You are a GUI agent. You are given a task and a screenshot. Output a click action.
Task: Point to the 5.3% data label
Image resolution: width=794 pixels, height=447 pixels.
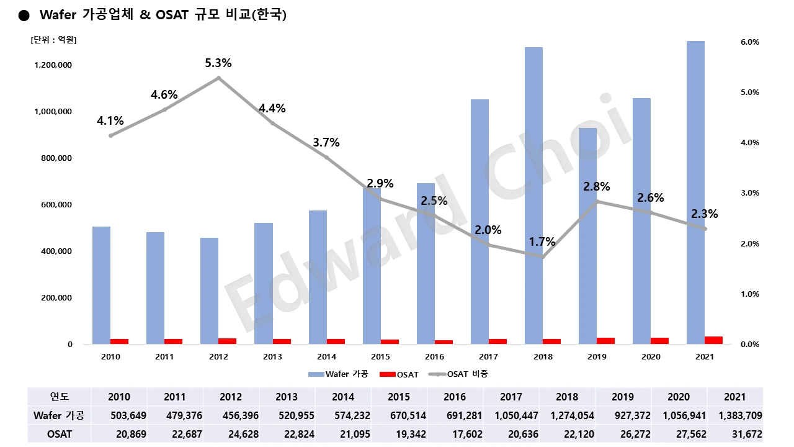pyautogui.click(x=218, y=63)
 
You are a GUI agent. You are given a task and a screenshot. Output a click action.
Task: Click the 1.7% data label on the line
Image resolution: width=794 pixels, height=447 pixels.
pyautogui.click(x=542, y=242)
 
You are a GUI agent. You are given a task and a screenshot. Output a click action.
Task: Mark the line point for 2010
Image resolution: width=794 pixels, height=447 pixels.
pyautogui.click(x=110, y=135)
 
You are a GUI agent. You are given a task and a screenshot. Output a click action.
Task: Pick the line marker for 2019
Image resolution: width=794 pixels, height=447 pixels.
pyautogui.click(x=597, y=201)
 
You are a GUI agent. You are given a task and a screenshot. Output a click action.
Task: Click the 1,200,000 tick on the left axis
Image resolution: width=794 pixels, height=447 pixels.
pyautogui.click(x=52, y=65)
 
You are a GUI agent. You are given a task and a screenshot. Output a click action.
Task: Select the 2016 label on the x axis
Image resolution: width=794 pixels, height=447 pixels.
pyautogui.click(x=434, y=357)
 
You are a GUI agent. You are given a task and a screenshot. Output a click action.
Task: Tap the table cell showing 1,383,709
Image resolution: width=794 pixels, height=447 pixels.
pyautogui.click(x=735, y=415)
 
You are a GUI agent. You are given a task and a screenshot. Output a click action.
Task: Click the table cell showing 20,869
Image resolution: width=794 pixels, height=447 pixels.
pyautogui.click(x=119, y=434)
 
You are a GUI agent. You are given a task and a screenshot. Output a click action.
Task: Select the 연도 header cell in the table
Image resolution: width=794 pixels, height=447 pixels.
pyautogui.click(x=60, y=397)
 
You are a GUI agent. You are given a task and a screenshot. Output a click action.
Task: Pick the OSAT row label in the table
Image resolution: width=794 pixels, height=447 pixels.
pyautogui.click(x=60, y=434)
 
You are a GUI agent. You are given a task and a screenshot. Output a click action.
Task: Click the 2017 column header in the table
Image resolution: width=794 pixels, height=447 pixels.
pyautogui.click(x=511, y=397)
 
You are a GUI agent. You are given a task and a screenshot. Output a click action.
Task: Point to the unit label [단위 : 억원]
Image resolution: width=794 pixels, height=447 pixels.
pyautogui.click(x=53, y=40)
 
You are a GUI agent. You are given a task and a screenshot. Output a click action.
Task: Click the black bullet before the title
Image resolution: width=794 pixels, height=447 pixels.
pyautogui.click(x=24, y=16)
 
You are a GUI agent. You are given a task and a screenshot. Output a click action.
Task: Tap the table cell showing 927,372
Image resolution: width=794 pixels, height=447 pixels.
pyautogui.click(x=623, y=415)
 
